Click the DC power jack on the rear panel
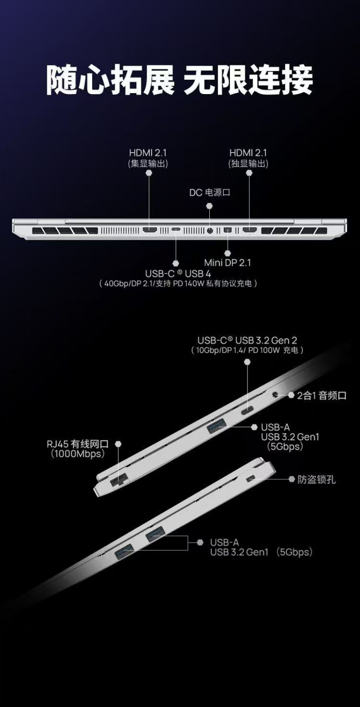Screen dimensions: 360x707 tap(210, 230)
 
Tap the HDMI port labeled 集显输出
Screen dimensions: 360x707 tap(150, 230)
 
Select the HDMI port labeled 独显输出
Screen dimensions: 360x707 tap(250, 230)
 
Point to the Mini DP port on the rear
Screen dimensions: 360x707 tap(228, 230)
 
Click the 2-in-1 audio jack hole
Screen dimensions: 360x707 tap(275, 395)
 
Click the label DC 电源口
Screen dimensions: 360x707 tap(210, 192)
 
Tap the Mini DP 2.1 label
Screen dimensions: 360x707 tap(228, 263)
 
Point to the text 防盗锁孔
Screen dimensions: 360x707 tap(316, 479)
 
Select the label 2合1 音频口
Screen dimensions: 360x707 tap(322, 395)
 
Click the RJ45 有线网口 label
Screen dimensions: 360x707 tap(77, 444)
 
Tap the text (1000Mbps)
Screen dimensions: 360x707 tap(77, 454)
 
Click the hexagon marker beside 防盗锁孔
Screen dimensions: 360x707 tap(292, 479)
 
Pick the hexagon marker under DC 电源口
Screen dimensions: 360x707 tap(209, 206)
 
